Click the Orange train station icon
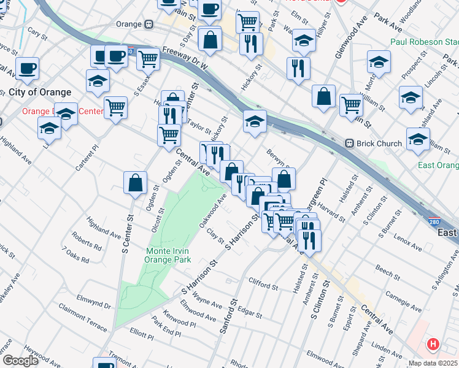click(x=148, y=25)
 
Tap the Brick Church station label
click(x=379, y=144)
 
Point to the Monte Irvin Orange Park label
click(x=168, y=255)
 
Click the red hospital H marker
click(x=434, y=345)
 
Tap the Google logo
click(x=20, y=361)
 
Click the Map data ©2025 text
click(x=433, y=363)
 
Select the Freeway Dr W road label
click(x=185, y=59)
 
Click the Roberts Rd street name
click(x=86, y=245)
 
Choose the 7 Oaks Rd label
click(x=75, y=256)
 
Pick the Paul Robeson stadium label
click(x=424, y=42)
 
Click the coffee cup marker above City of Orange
click(x=28, y=67)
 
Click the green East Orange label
click(x=438, y=166)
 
